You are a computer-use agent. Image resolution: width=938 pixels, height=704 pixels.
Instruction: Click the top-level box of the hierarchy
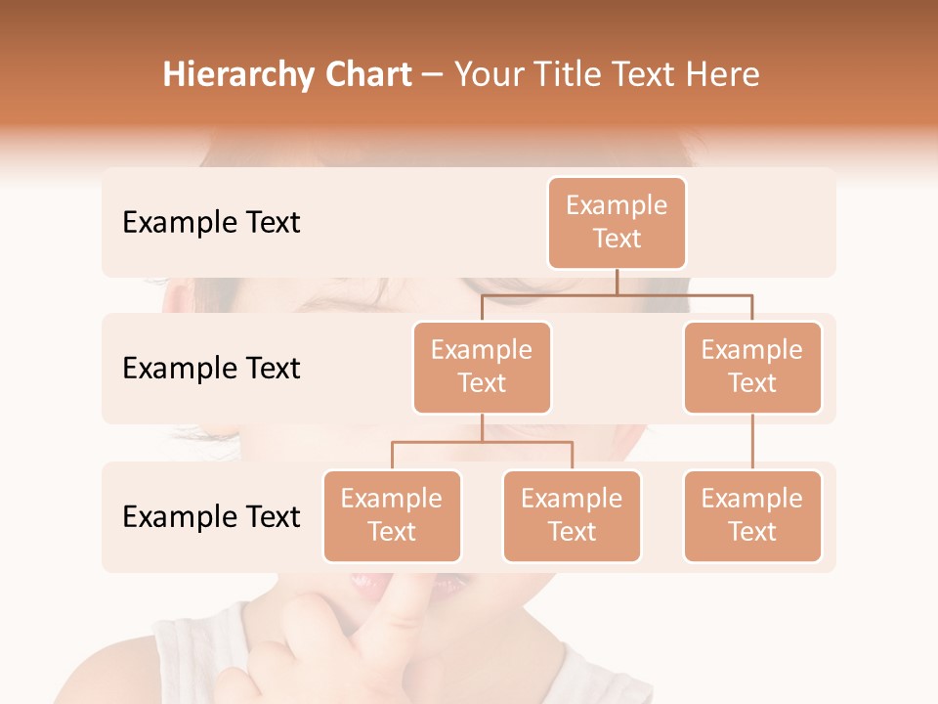click(617, 223)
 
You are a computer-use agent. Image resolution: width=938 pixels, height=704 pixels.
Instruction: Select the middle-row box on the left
click(482, 368)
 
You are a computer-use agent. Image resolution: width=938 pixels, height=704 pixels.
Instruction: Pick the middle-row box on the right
click(752, 368)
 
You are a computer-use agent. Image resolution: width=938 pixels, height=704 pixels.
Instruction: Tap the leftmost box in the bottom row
click(392, 516)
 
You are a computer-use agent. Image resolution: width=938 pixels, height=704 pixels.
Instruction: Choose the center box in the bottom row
click(572, 516)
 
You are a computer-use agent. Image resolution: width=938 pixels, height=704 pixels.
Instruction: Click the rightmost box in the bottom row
click(752, 516)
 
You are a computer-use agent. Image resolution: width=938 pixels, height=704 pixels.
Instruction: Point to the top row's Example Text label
click(211, 223)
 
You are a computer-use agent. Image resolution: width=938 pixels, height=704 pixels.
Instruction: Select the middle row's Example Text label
click(211, 369)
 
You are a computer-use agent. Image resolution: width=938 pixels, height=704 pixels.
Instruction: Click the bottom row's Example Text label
click(211, 517)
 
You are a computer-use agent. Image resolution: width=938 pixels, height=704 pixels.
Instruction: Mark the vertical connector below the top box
click(617, 282)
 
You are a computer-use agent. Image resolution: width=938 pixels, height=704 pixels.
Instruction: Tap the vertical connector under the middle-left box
click(482, 427)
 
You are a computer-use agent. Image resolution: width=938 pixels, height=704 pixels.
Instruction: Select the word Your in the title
click(487, 75)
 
